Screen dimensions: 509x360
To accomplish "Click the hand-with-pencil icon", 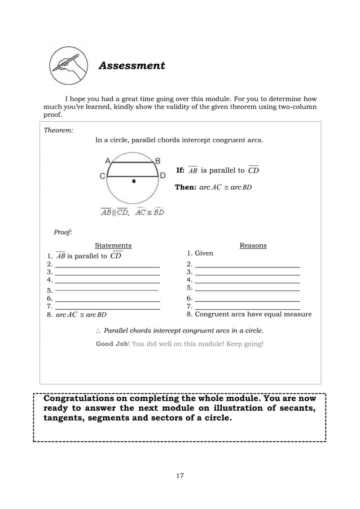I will click(68, 66).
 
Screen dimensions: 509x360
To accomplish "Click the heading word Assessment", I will click(131, 66).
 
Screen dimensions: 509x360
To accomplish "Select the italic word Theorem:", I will click(58, 130).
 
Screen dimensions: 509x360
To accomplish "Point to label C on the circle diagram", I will click(103, 176).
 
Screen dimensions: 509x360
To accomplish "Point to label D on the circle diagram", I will click(163, 176).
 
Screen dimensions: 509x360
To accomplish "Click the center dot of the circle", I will click(134, 181).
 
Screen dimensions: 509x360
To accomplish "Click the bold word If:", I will click(181, 170).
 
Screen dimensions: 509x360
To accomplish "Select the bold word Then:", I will click(185, 187).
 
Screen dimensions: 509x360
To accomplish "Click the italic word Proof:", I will click(63, 232).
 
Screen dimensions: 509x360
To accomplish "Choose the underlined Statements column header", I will click(113, 245).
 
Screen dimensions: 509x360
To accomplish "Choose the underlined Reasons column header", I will click(253, 245).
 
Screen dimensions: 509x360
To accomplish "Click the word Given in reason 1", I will click(204, 253).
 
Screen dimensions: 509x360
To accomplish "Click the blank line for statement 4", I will click(107, 280).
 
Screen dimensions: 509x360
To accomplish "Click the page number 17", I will click(179, 476).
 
